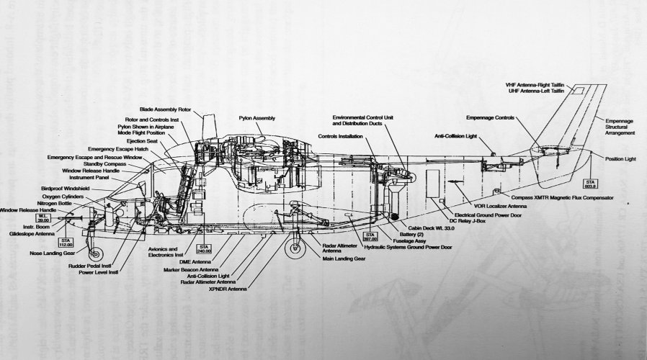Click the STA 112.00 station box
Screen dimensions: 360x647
[x=66, y=240]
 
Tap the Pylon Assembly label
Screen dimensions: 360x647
[x=257, y=117]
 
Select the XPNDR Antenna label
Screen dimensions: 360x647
[x=228, y=289]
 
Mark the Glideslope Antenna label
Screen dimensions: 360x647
[x=29, y=232]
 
